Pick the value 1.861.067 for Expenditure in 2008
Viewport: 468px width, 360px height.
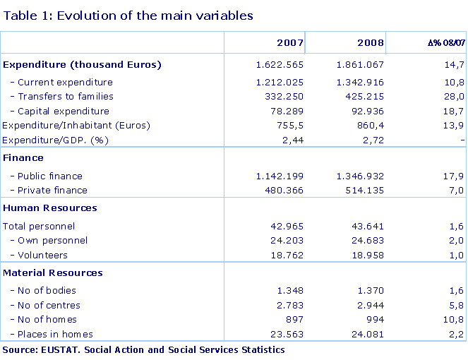coord(359,65)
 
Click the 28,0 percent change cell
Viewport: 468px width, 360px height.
coord(455,96)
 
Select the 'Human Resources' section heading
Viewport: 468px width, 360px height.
coord(50,208)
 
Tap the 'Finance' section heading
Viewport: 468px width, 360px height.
coord(23,158)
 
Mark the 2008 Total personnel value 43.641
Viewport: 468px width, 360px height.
coord(367,227)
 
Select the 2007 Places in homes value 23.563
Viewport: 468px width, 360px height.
coord(284,334)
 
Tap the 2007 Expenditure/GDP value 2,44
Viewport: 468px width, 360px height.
coord(293,140)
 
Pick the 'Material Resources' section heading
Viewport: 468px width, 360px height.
coord(53,272)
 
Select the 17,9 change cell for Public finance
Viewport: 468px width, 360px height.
coord(455,176)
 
